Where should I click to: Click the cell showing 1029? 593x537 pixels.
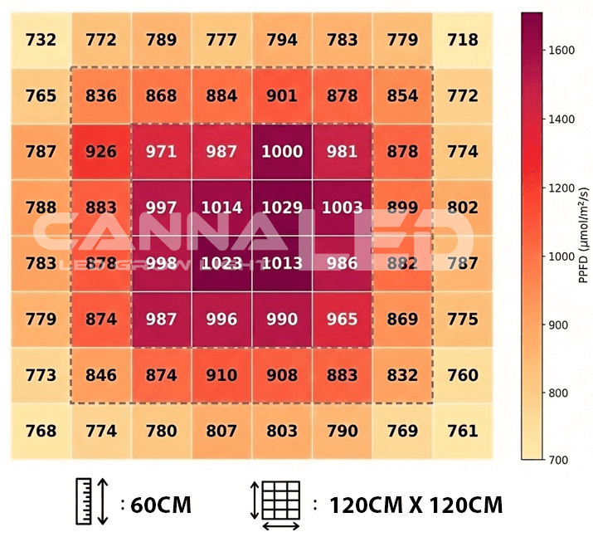(283, 207)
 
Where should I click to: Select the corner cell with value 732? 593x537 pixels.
(41, 40)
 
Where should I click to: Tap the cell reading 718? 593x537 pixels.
(463, 40)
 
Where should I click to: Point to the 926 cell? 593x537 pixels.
(101, 152)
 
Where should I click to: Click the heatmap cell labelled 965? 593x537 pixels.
(342, 320)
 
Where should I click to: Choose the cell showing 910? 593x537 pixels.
(222, 375)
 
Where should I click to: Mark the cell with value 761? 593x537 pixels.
(463, 431)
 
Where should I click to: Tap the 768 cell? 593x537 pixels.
(41, 431)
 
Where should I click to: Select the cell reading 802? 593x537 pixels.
(463, 207)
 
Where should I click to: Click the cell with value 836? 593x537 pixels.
(101, 95)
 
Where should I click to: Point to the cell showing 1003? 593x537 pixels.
(342, 207)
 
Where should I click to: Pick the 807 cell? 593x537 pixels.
(222, 431)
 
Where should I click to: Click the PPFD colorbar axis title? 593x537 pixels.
(583, 236)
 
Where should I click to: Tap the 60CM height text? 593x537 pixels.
(161, 504)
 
